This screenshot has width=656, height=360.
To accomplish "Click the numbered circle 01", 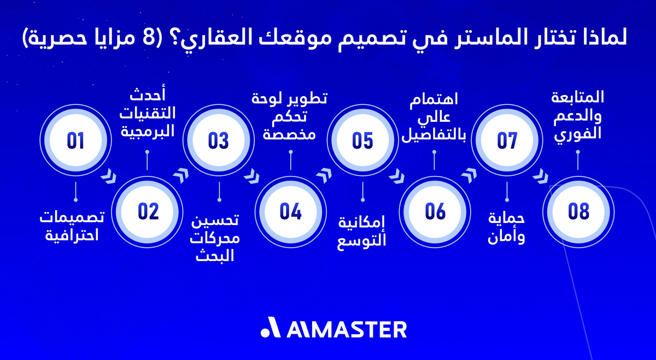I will [x=75, y=140].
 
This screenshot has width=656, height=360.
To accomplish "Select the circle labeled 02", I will [x=148, y=211].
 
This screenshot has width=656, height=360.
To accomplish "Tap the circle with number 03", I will [x=219, y=140].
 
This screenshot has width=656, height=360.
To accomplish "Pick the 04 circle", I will [x=291, y=211].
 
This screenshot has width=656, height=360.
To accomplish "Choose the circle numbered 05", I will [x=362, y=140].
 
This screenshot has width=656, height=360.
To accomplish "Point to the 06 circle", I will [x=435, y=211].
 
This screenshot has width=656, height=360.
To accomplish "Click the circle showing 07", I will [x=507, y=140].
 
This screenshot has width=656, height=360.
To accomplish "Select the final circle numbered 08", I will [x=578, y=211].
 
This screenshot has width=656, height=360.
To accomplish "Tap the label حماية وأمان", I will [x=506, y=228].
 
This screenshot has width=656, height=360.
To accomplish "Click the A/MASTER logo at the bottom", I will [x=333, y=329].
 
